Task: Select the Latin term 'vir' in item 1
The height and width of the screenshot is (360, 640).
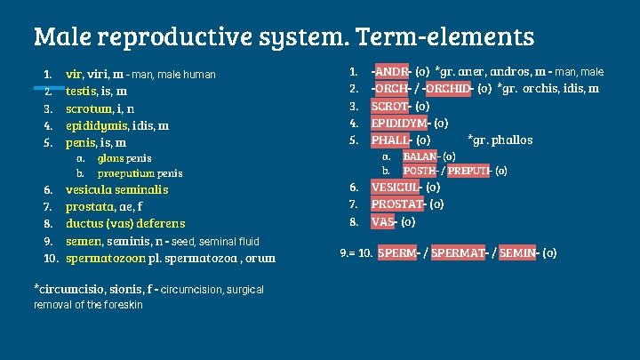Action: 75,74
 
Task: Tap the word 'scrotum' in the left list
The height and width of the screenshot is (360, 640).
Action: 90,108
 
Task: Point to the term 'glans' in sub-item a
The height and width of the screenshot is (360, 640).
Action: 111,158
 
